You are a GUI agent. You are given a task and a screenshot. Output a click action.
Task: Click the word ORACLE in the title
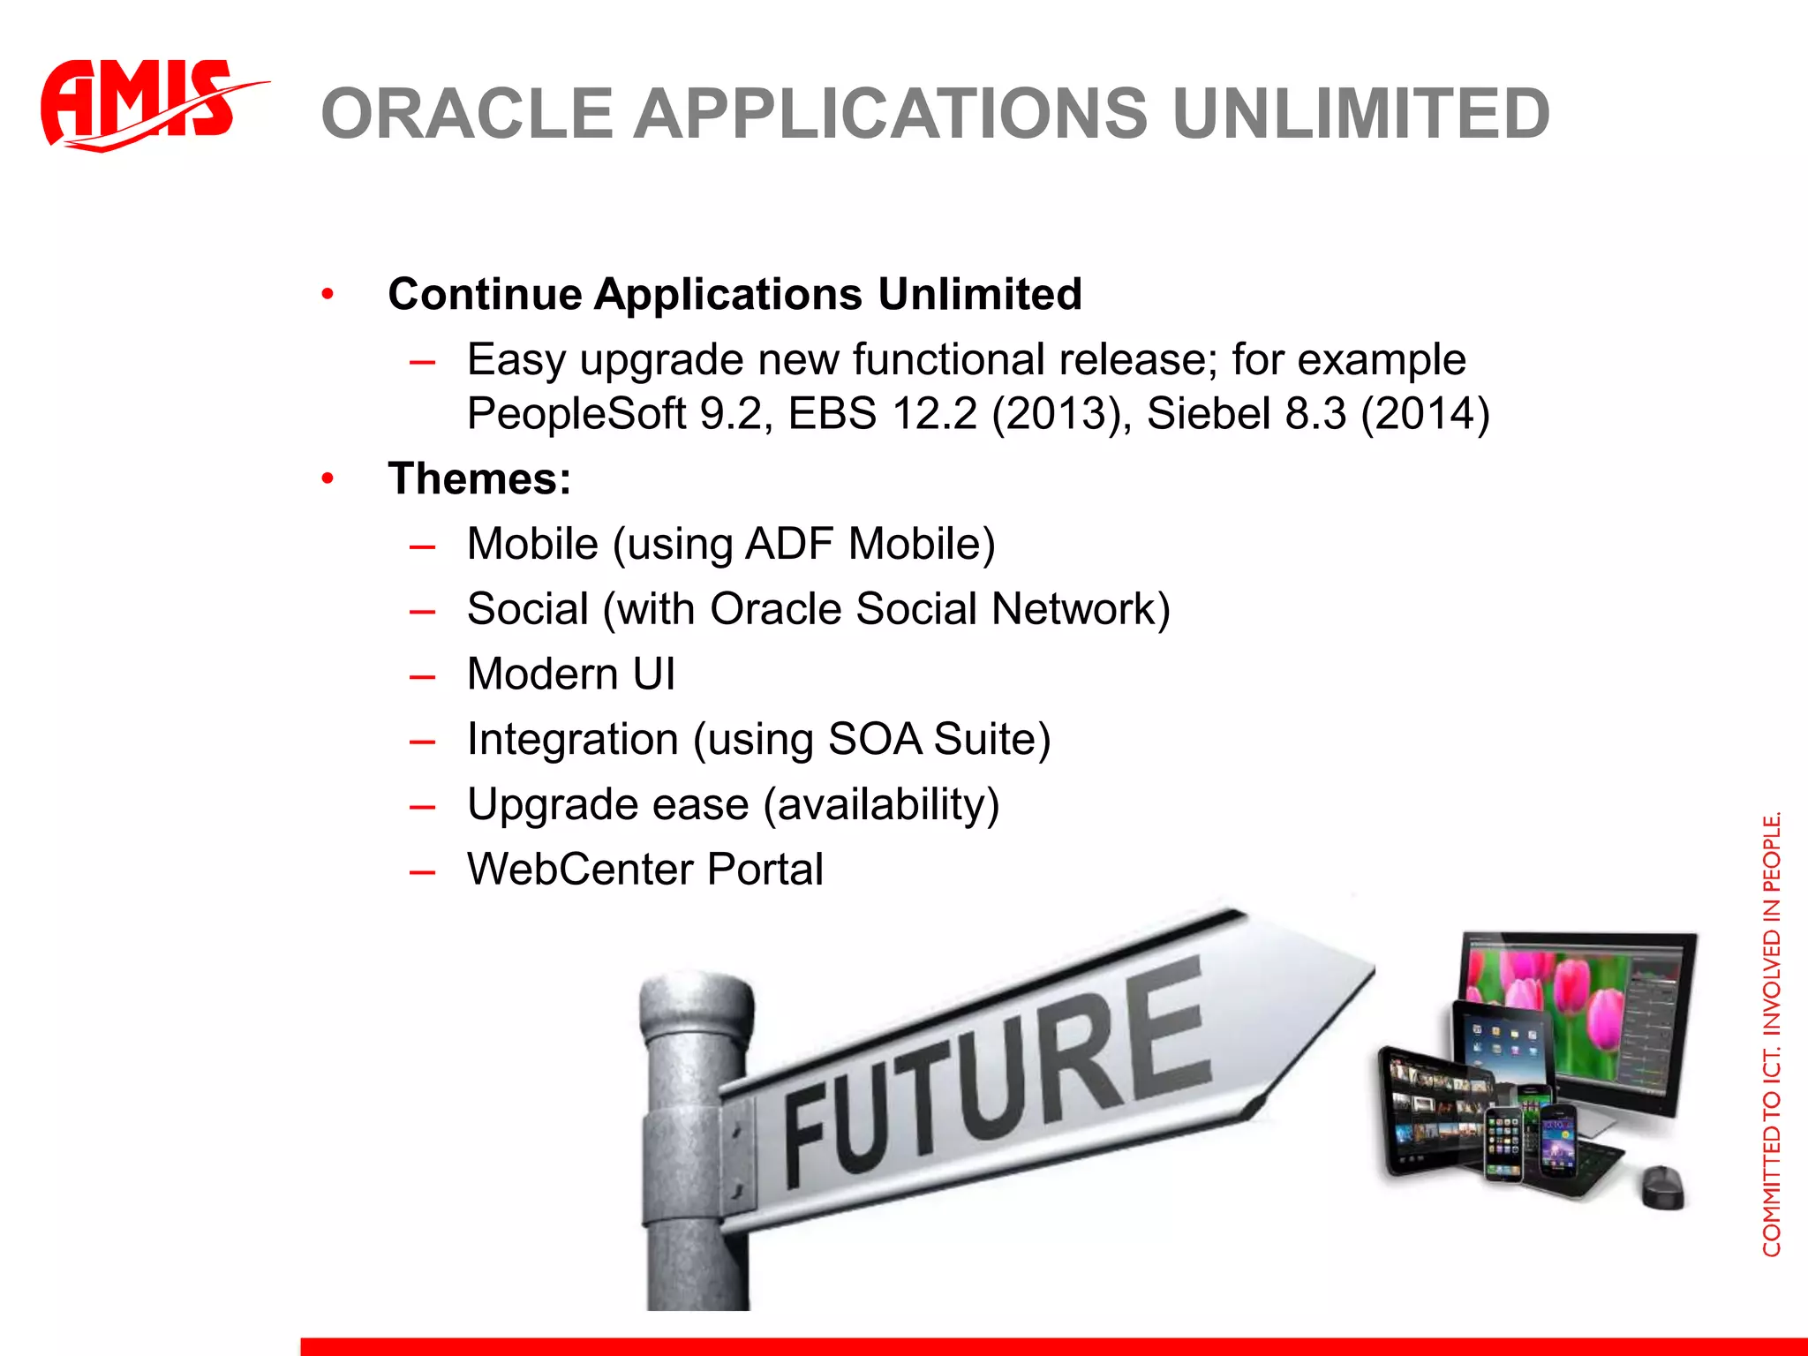click(467, 114)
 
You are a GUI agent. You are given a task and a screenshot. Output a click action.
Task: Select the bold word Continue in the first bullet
click(485, 294)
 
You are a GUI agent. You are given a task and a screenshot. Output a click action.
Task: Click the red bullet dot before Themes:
click(328, 479)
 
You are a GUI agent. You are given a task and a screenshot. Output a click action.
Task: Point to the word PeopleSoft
click(576, 413)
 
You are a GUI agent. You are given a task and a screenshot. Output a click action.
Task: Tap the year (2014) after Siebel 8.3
click(1425, 413)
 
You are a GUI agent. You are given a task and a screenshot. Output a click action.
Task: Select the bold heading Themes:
click(479, 478)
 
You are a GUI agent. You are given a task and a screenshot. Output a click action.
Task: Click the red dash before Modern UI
click(423, 676)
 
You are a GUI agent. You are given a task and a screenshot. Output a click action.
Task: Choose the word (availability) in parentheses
click(881, 804)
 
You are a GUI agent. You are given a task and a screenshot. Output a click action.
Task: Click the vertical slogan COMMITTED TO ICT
click(1771, 1148)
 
